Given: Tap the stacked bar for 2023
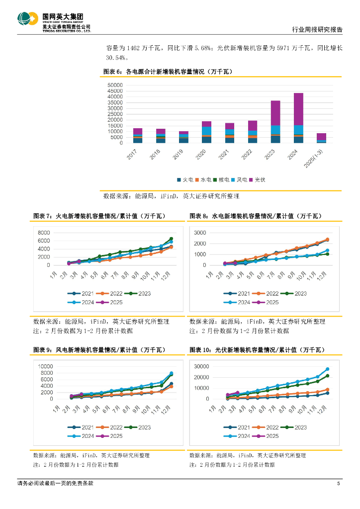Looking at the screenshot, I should pos(275,122).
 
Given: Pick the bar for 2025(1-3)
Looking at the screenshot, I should pos(321,138).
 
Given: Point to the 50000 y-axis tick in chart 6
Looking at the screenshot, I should pos(115,85).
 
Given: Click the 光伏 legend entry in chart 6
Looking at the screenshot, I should pos(257,179).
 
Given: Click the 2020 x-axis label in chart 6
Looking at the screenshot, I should pos(200,153).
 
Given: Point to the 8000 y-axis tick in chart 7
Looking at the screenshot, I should pos(44,233).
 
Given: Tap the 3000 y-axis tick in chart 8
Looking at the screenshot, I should pos(200,233).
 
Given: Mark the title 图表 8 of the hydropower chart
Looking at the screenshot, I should pos(256,216).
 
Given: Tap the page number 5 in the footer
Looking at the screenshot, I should pos(338,483).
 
